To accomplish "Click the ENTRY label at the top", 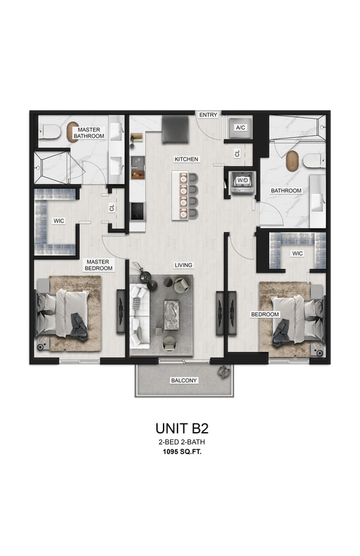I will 208,115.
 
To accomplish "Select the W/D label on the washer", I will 243,179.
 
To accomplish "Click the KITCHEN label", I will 187,159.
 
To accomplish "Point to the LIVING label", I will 183,265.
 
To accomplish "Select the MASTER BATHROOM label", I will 89,133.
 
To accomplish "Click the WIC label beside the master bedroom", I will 59,221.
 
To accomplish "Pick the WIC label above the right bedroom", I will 297,253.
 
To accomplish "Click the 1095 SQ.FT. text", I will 180,451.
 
